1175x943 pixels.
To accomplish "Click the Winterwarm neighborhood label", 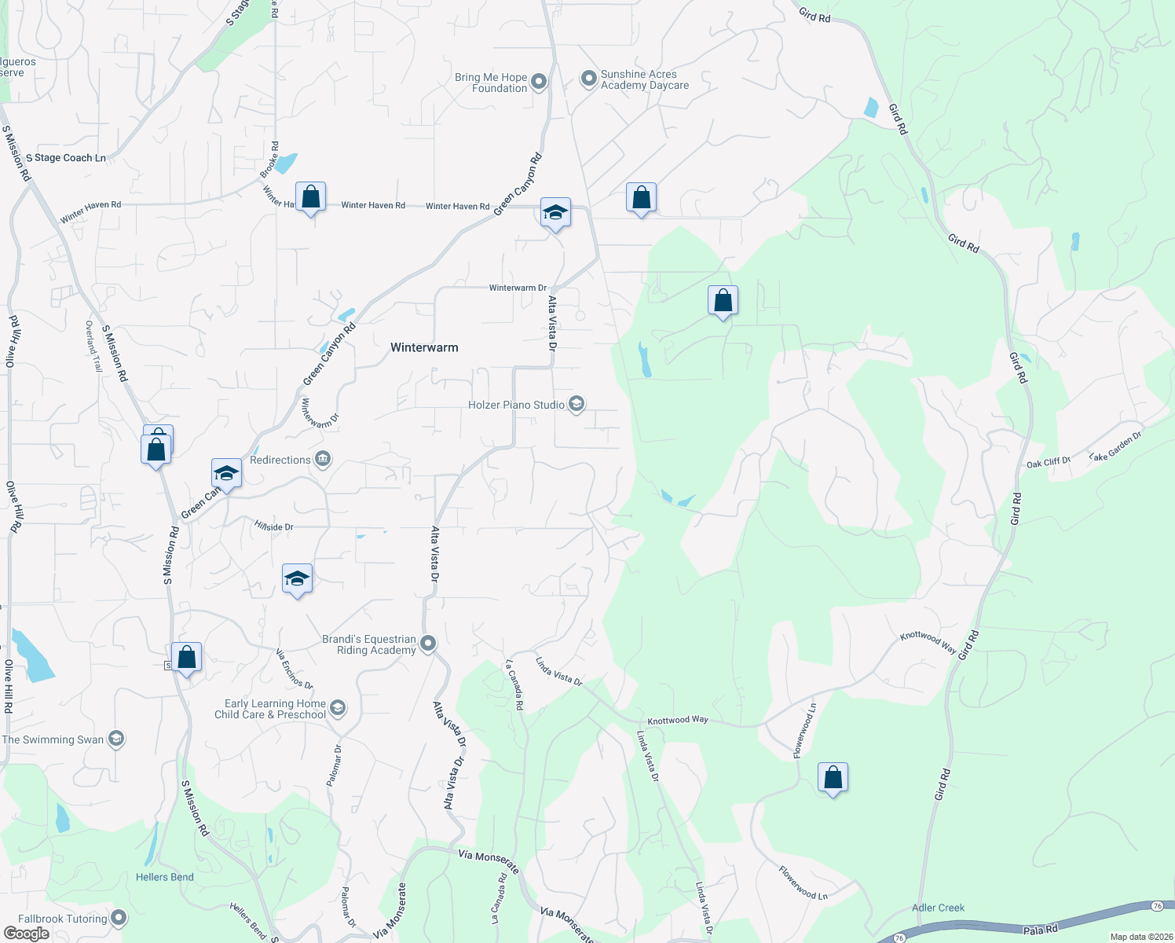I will pyautogui.click(x=424, y=347).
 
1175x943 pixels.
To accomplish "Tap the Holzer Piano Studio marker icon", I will pyautogui.click(x=577, y=405).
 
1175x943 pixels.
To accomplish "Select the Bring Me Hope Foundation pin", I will pyautogui.click(x=539, y=82).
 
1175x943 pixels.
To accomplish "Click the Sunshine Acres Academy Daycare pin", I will pyautogui.click(x=588, y=79).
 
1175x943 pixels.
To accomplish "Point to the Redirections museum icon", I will pyautogui.click(x=323, y=460).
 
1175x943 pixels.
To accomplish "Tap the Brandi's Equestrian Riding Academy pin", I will pyautogui.click(x=428, y=644).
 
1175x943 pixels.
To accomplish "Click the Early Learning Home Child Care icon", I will pyautogui.click(x=338, y=709).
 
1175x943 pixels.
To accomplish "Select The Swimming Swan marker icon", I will pyautogui.click(x=116, y=739).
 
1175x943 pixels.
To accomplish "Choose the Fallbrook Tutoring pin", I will pyautogui.click(x=119, y=918).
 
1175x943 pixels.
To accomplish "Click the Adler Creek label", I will pyautogui.click(x=938, y=908).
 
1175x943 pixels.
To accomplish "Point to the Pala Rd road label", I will pyautogui.click(x=1041, y=930).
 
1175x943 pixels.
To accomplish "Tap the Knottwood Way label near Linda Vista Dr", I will pyautogui.click(x=678, y=720).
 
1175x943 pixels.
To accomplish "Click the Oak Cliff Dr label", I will pyautogui.click(x=1048, y=463).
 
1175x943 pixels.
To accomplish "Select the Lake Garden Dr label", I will pyautogui.click(x=1115, y=446).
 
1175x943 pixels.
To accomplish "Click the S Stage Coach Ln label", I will pyautogui.click(x=66, y=158).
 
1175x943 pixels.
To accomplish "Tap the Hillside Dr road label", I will pyautogui.click(x=273, y=527).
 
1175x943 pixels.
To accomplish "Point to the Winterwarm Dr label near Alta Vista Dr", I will pyautogui.click(x=518, y=288).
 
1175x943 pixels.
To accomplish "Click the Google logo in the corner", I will pyautogui.click(x=27, y=934).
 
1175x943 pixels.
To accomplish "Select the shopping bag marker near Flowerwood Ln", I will pyautogui.click(x=833, y=778).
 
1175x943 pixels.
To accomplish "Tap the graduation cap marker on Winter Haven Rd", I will pyautogui.click(x=555, y=213).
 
